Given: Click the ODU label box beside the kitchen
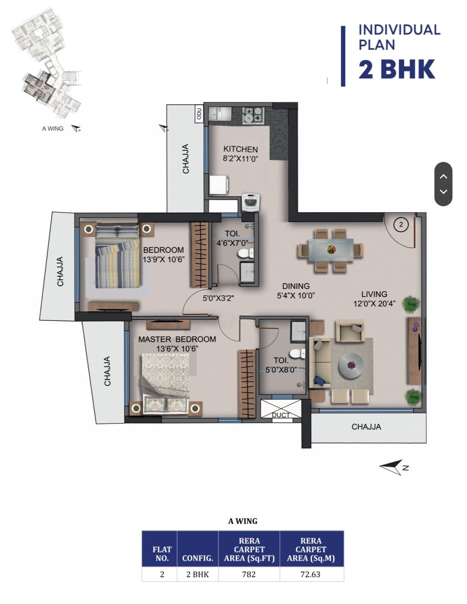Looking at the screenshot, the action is [x=198, y=114].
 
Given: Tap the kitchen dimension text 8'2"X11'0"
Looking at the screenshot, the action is [x=240, y=159].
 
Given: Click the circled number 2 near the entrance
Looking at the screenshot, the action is [x=401, y=225].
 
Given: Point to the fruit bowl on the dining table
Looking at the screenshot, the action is [x=331, y=249].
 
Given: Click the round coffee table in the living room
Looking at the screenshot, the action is [x=351, y=365].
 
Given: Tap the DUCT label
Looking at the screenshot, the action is [x=281, y=415].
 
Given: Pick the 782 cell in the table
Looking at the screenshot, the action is [x=249, y=574].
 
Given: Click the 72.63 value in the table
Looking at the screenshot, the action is [x=310, y=574].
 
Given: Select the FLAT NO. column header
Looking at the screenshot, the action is [x=162, y=554].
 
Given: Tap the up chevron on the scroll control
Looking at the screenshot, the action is [x=443, y=176].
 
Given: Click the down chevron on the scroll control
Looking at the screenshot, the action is [x=443, y=191].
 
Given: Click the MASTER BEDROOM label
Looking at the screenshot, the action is [x=177, y=339].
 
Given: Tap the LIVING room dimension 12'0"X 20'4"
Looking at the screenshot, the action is [x=374, y=304].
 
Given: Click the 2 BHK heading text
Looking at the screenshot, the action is [x=397, y=69].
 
